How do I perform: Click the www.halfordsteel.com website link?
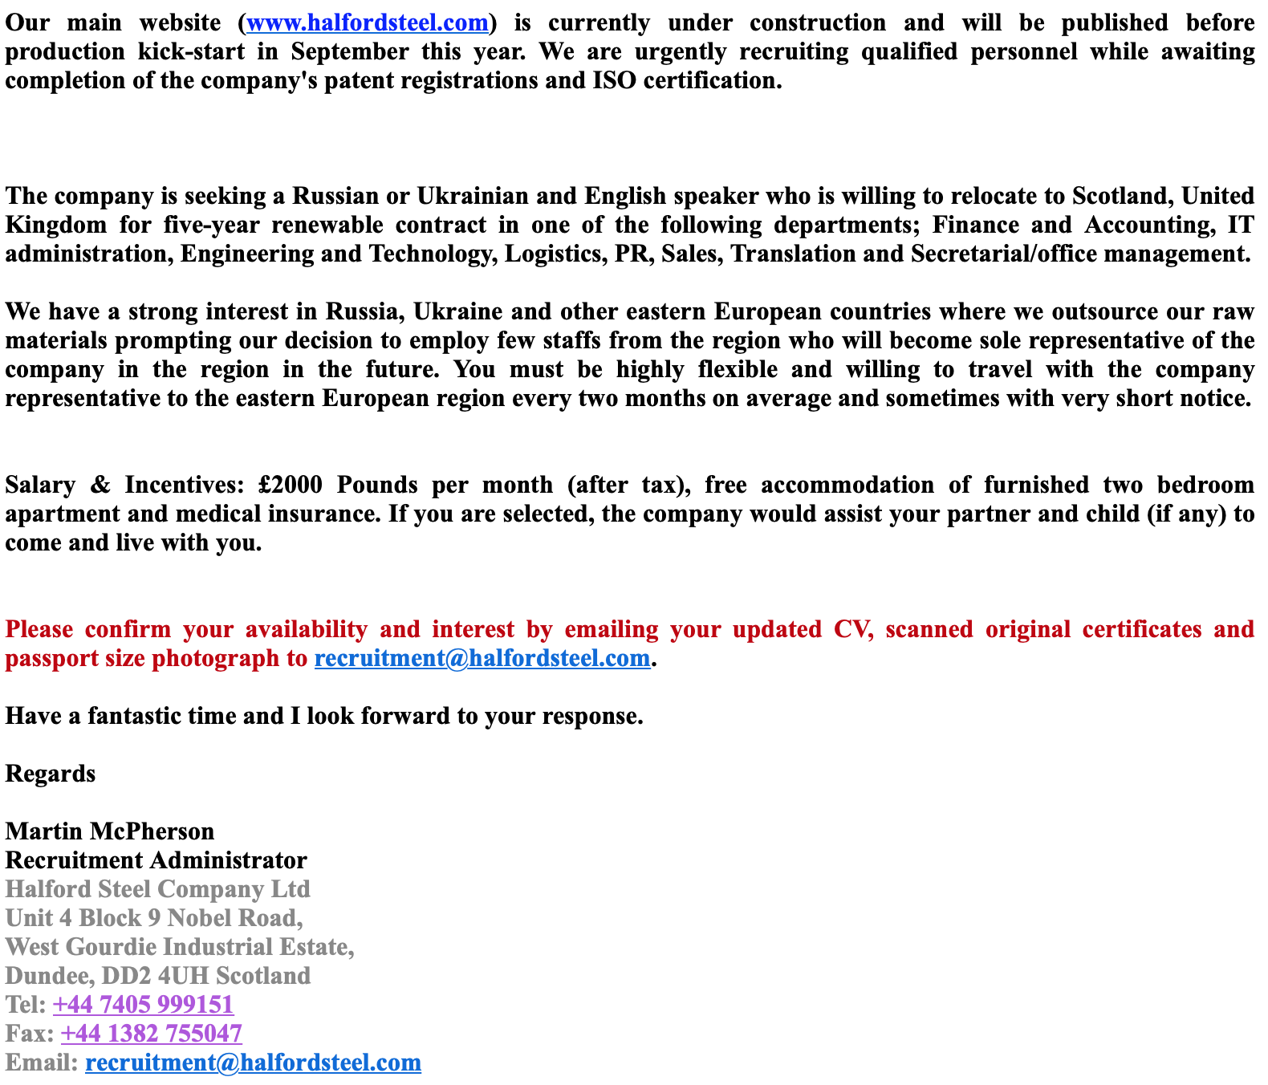(x=368, y=23)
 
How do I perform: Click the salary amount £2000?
(x=291, y=486)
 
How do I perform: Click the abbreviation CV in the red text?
(x=852, y=630)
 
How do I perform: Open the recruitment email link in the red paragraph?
(x=482, y=659)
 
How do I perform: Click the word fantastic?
(x=134, y=717)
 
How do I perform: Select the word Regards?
(x=51, y=774)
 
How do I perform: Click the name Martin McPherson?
(x=110, y=832)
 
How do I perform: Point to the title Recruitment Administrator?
(x=156, y=861)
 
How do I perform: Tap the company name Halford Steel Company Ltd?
(x=157, y=890)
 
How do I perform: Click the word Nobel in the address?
(x=201, y=919)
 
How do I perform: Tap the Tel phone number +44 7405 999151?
(x=143, y=1006)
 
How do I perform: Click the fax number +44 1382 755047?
(x=151, y=1034)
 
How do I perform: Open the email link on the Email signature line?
(x=253, y=1063)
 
